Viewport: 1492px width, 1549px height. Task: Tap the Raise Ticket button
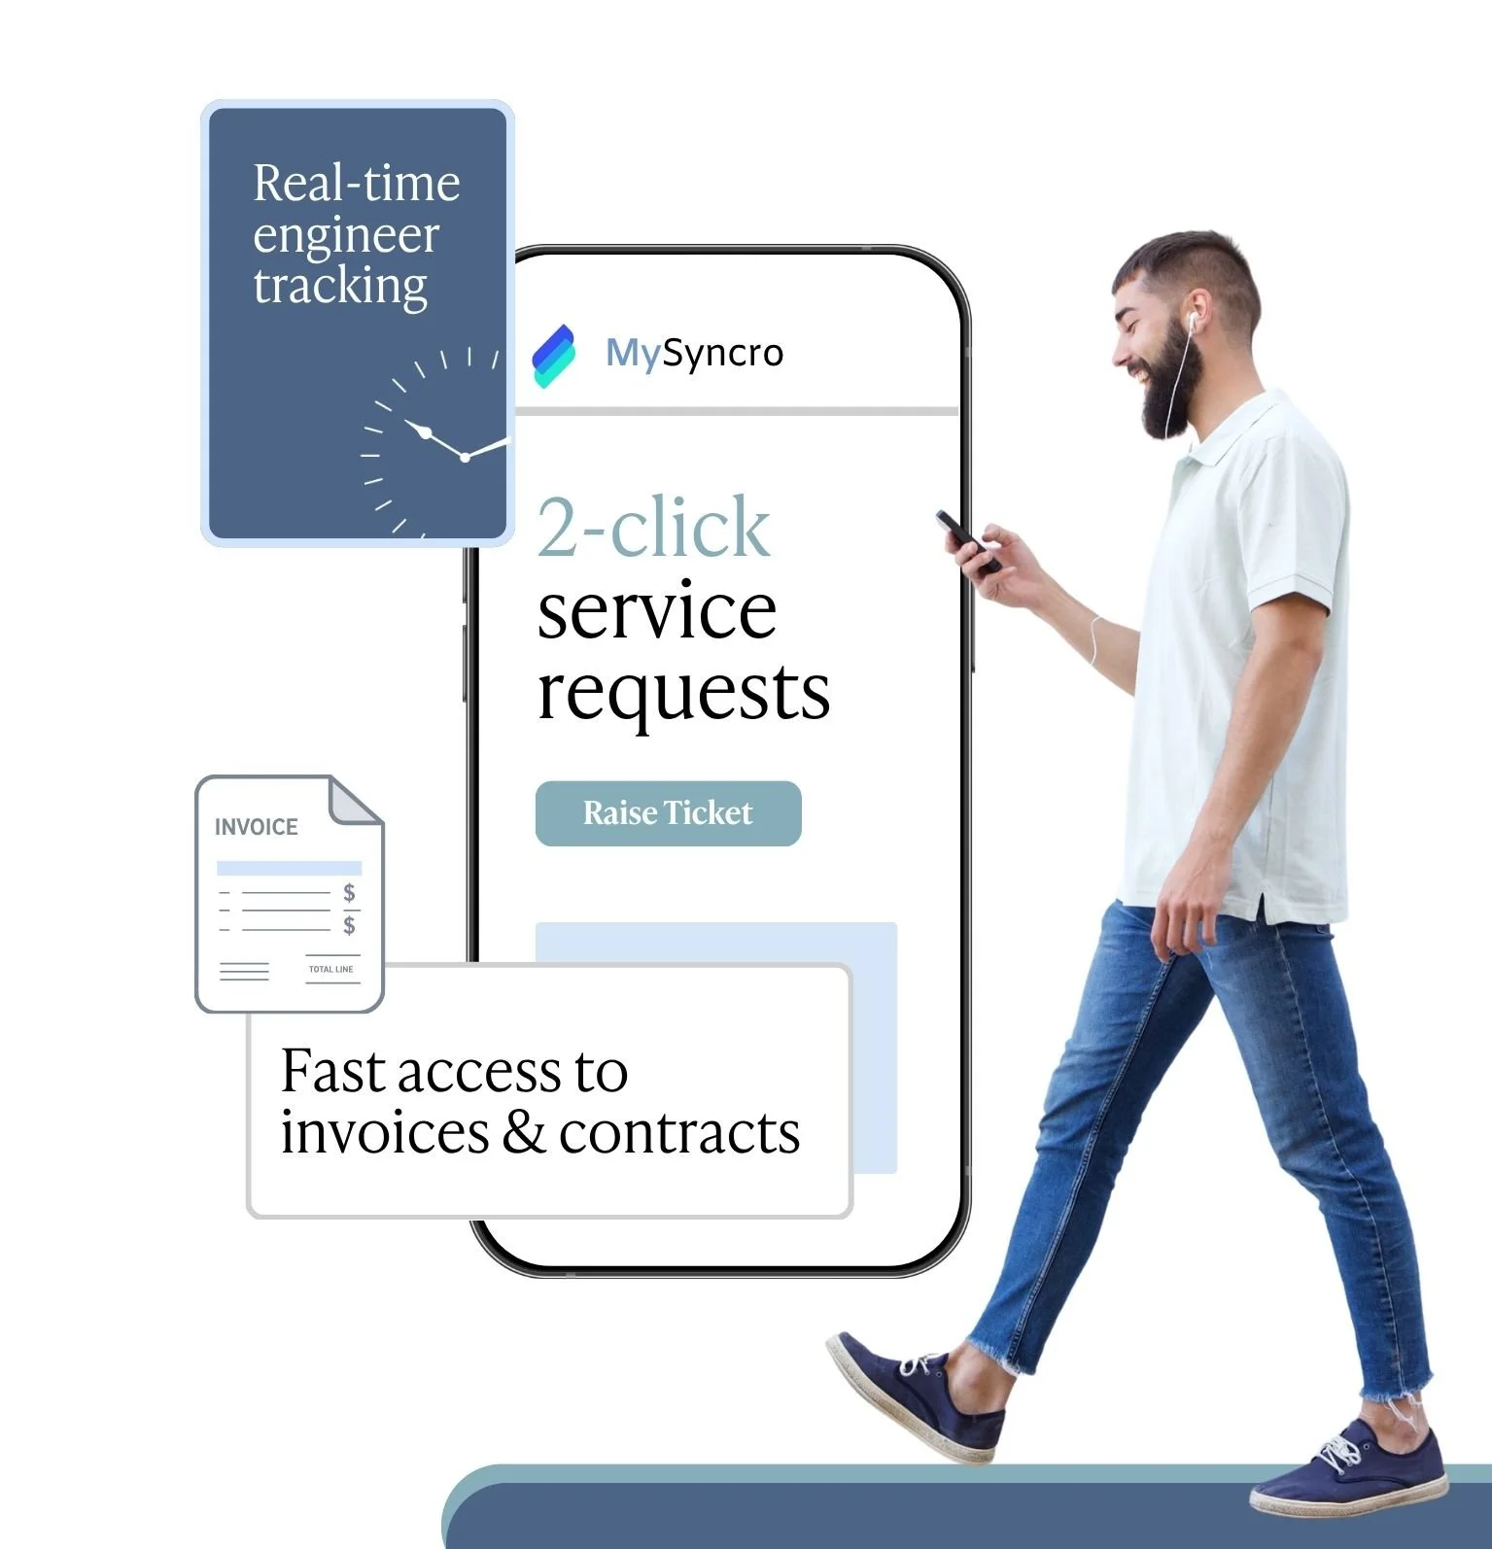point(668,813)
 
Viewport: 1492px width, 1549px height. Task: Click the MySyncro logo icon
point(554,356)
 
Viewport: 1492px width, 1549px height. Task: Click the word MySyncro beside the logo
point(694,353)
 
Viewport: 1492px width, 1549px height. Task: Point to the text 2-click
point(653,528)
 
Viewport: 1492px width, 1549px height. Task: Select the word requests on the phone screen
point(683,693)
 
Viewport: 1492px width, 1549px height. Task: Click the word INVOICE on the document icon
point(257,827)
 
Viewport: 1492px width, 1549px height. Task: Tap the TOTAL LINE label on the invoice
point(330,969)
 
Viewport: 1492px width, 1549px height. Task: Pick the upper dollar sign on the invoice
point(349,892)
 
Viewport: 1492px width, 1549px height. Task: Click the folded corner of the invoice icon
point(356,801)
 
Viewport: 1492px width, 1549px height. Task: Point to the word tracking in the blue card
point(340,287)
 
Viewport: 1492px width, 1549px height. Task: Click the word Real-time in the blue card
point(356,184)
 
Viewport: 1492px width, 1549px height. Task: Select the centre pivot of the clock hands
point(465,457)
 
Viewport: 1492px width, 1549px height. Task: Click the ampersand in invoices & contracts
point(524,1133)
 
